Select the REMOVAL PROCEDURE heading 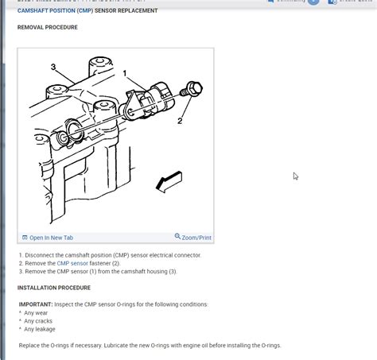pos(48,27)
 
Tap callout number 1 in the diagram pos(125,73)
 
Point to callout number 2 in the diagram pos(180,121)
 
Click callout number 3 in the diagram pos(53,67)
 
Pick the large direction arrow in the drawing pos(169,182)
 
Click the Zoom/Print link pos(196,238)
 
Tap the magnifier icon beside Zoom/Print pos(177,237)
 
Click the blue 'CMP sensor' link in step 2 pos(72,263)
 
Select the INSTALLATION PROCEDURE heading pos(54,288)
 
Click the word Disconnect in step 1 pos(40,255)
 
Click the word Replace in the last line pos(31,346)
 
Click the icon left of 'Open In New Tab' pos(25,238)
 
